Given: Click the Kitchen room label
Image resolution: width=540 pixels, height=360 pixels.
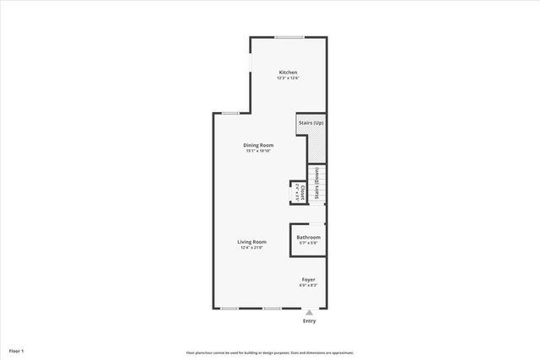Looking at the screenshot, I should [x=288, y=73].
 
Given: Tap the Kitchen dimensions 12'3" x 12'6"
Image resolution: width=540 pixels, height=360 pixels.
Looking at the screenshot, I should [x=288, y=78].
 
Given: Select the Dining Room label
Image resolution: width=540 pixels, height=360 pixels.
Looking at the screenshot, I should [x=259, y=145].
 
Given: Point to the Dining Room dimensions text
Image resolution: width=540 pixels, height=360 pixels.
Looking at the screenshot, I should [x=259, y=152].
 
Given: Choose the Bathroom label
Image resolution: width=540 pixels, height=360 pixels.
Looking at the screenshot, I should [x=308, y=237].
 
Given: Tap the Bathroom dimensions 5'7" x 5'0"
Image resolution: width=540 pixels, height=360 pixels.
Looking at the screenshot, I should [x=308, y=243].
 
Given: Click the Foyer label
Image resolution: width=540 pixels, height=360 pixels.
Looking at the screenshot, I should [x=309, y=279].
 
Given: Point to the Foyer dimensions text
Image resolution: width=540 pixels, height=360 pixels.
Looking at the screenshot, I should [x=309, y=285].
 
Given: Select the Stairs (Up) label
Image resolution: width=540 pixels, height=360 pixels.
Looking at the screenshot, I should [x=310, y=123].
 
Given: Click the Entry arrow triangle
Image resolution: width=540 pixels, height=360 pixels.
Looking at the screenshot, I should [x=309, y=312].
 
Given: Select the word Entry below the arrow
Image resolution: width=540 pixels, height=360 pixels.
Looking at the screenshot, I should [x=309, y=321].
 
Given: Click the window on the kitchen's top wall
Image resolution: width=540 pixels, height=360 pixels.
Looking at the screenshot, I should [x=289, y=36].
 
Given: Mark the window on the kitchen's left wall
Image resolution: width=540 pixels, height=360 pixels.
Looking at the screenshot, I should [x=250, y=73].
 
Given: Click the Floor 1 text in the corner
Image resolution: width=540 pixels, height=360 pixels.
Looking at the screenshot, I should [x=17, y=349].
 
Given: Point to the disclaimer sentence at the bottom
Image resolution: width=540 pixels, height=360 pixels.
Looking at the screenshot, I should [x=269, y=352].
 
